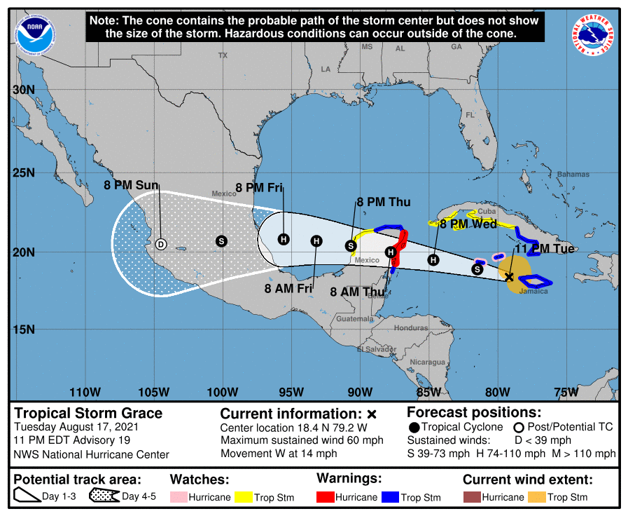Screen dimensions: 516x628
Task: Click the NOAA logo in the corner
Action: pos(35,34)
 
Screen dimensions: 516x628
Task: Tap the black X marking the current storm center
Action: pos(509,277)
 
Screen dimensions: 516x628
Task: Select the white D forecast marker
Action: pos(160,244)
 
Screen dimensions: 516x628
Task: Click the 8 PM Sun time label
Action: pos(131,186)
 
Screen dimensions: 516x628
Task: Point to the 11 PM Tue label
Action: pos(545,249)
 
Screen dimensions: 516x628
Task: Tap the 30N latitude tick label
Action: pos(23,90)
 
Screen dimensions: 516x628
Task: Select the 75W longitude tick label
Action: pos(566,392)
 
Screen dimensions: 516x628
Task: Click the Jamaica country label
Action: pos(534,291)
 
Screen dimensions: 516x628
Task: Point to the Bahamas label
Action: pos(573,174)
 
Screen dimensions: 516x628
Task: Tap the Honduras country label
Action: pos(410,328)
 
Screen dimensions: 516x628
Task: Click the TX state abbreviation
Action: pos(223,55)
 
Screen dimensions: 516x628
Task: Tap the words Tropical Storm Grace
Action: pos(88,413)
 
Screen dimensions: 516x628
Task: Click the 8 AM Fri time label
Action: pos(288,287)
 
